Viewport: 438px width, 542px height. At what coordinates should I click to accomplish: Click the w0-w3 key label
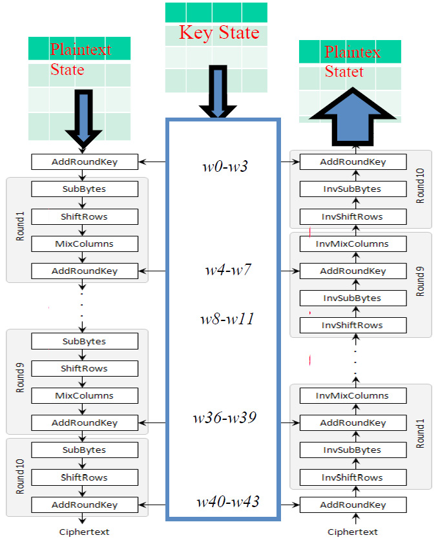(224, 167)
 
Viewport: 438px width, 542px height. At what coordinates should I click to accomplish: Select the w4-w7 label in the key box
(224, 270)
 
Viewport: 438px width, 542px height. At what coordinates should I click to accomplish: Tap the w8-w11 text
(225, 318)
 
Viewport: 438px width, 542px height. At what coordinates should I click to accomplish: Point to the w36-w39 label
(224, 418)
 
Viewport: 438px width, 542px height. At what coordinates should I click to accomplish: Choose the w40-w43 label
(227, 501)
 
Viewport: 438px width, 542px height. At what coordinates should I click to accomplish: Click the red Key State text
(219, 33)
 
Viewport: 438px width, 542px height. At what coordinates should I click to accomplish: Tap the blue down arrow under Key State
(218, 94)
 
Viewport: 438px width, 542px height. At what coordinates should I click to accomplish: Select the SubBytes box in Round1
(85, 189)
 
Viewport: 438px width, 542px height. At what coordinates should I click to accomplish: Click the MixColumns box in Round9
(85, 396)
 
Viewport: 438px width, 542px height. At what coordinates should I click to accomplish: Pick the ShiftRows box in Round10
(85, 477)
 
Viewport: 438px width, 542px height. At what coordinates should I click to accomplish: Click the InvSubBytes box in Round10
(353, 189)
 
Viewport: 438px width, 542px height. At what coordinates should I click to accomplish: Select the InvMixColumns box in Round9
(353, 244)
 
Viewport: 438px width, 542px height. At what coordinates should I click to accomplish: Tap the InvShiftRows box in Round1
(353, 477)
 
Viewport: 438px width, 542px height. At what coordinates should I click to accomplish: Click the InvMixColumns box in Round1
(353, 396)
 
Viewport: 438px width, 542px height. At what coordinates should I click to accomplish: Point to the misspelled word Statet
(344, 72)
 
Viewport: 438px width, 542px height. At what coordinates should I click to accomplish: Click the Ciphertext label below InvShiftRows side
(353, 532)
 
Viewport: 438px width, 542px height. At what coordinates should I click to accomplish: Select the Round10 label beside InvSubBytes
(421, 188)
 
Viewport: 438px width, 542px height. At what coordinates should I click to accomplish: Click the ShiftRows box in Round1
(85, 216)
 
